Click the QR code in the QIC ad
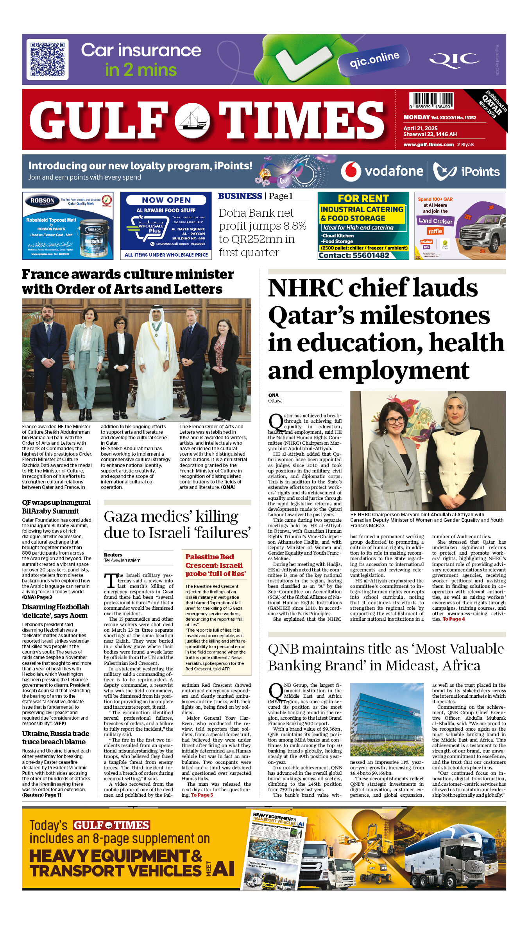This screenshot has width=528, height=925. [47, 59]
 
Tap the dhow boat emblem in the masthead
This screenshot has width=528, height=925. [192, 120]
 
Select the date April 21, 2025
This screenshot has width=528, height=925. [421, 128]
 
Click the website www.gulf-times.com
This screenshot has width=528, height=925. [429, 144]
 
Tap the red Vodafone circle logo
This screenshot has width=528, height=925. [351, 171]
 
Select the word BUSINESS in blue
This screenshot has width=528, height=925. [240, 196]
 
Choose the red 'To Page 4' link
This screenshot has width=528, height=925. [453, 619]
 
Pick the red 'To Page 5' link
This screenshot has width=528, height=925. [202, 795]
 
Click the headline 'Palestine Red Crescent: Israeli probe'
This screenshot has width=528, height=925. [216, 565]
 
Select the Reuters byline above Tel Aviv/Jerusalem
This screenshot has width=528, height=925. [113, 555]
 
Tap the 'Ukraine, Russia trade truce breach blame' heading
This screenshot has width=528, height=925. [55, 738]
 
